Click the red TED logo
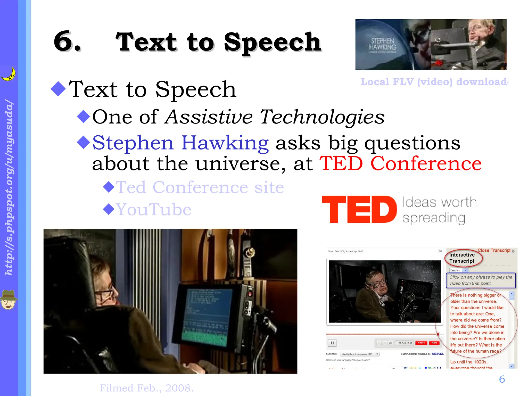[359, 209]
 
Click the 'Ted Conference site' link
[200, 187]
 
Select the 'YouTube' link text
[154, 209]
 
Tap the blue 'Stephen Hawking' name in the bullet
[180, 143]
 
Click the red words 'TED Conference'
[400, 163]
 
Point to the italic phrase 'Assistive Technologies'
[275, 117]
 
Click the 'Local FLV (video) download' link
[434, 82]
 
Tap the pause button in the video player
[332, 343]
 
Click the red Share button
[421, 343]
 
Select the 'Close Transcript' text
[494, 250]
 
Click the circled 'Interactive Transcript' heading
[462, 258]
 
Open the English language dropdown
[459, 270]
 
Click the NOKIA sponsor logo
[438, 354]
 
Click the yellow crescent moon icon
[9, 74]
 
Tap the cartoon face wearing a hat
[9, 300]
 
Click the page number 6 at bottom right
[502, 379]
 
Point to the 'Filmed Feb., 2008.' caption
[146, 388]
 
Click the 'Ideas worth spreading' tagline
[439, 210]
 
